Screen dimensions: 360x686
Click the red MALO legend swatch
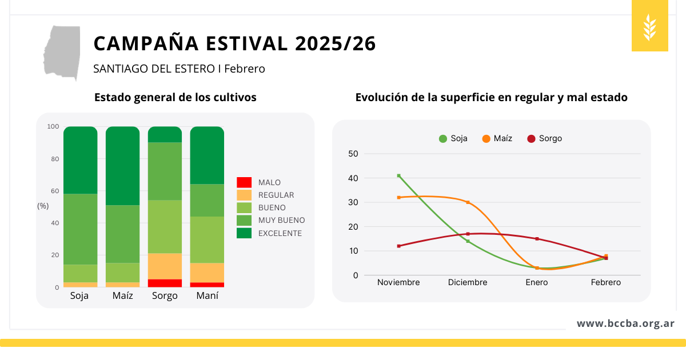(244, 182)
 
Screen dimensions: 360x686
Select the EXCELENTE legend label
(280, 233)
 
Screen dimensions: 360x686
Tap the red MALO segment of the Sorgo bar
(165, 283)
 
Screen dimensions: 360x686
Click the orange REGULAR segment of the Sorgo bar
(165, 266)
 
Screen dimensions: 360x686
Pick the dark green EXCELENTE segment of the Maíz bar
(122, 166)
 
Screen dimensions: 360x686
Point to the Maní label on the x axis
(207, 296)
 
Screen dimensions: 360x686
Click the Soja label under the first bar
(79, 296)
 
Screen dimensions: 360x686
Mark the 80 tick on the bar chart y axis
(55, 159)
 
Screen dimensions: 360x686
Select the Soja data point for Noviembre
(398, 175)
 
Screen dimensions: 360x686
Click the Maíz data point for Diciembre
(468, 202)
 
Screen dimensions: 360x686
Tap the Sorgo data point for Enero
(537, 239)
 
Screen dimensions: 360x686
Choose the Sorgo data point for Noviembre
(398, 246)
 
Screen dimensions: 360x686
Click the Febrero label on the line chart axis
(606, 282)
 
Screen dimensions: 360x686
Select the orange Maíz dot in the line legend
(486, 138)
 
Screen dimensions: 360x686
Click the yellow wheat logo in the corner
(650, 26)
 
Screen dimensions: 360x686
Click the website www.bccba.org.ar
(625, 323)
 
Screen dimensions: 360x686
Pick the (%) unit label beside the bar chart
(43, 206)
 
